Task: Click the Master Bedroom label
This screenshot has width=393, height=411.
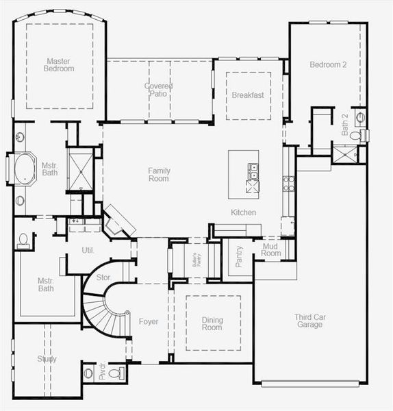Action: click(59, 64)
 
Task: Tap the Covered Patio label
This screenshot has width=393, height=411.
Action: click(158, 90)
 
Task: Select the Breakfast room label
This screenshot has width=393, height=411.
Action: click(247, 95)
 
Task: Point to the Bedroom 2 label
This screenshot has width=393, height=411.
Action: click(328, 65)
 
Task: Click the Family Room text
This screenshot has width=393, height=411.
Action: click(159, 175)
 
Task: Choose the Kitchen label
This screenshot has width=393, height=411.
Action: click(243, 212)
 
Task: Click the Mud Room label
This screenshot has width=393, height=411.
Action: click(271, 249)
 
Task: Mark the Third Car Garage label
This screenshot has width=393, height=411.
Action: click(308, 321)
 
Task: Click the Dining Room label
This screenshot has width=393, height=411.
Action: click(212, 323)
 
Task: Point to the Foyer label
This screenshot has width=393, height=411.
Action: click(149, 321)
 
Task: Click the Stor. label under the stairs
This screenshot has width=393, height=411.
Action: click(104, 277)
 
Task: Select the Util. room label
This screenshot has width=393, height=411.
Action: click(88, 251)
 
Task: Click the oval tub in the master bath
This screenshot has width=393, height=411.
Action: click(23, 168)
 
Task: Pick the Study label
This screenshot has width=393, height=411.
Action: click(47, 359)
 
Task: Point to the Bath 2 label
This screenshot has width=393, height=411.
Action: click(345, 125)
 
